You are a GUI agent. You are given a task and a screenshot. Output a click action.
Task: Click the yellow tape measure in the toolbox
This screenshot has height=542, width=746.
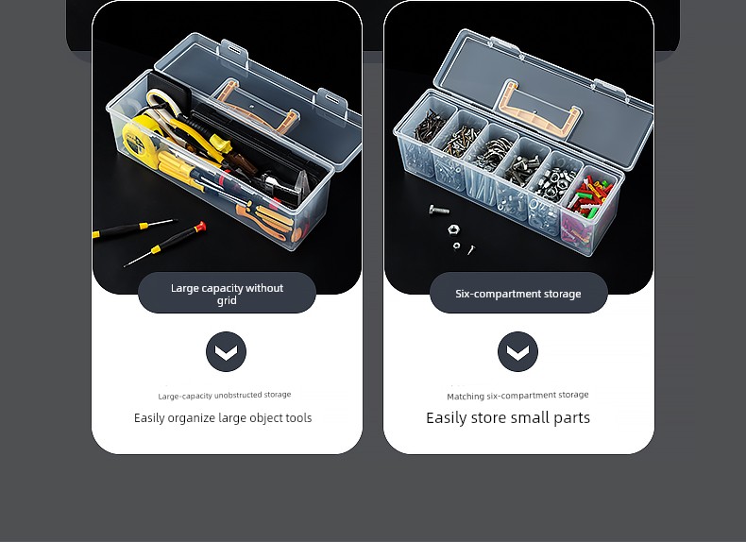coord(139,137)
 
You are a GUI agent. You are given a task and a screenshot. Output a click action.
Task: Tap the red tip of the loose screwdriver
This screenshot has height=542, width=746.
coord(201,227)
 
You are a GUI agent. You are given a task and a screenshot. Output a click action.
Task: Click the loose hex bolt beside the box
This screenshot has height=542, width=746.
coord(439,209)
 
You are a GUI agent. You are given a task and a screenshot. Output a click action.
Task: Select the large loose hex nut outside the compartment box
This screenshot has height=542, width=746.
coord(453,229)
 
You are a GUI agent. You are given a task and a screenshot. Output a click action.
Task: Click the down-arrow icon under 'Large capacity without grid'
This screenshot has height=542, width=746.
coord(226,351)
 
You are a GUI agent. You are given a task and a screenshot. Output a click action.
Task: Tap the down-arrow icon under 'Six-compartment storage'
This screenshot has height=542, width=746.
coord(517,351)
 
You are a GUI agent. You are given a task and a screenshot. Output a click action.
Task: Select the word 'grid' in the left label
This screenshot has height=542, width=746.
coord(227,300)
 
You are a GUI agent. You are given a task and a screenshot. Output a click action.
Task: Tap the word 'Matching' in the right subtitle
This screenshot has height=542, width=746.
coord(466,397)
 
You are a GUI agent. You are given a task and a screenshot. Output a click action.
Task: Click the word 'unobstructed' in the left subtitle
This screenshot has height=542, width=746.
coord(238,396)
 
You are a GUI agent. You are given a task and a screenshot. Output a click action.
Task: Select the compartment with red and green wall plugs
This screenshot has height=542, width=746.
coord(591,204)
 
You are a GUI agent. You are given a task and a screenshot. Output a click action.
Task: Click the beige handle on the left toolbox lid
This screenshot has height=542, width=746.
coord(255,107)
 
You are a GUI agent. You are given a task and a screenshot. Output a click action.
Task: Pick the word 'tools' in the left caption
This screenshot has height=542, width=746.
coord(298,418)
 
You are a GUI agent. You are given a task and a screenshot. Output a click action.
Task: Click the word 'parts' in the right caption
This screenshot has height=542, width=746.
coord(573,418)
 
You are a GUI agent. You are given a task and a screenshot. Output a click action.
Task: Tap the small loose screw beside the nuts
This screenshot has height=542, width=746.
coord(471,249)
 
